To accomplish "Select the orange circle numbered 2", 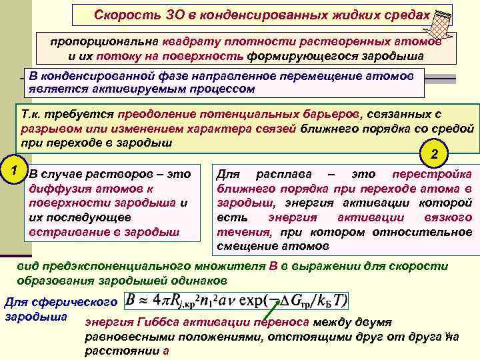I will click(435, 154).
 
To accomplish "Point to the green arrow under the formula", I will click(270, 311).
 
